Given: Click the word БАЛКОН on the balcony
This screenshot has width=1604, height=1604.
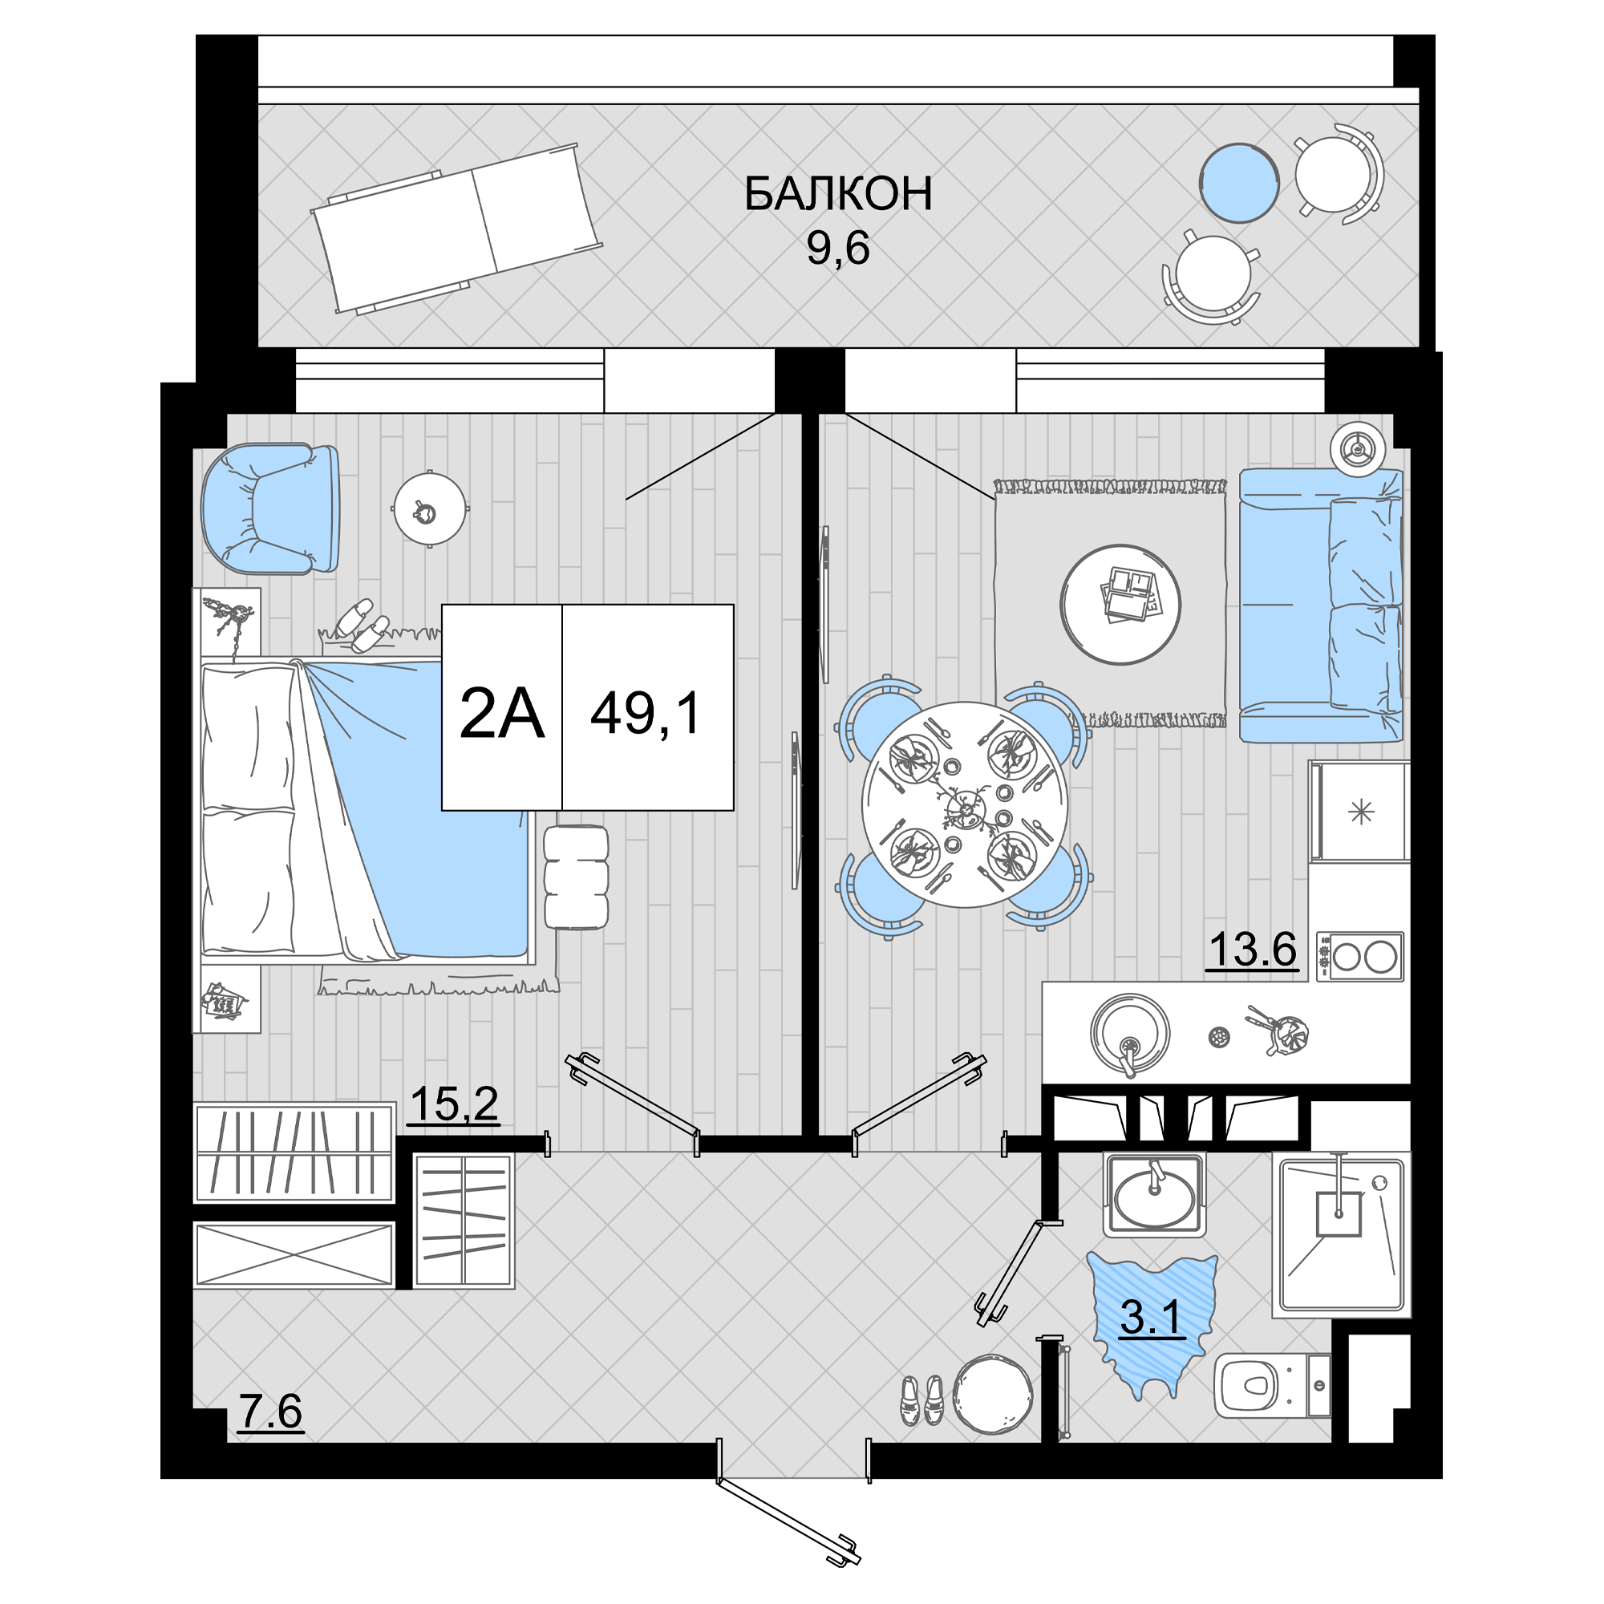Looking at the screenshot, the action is [838, 193].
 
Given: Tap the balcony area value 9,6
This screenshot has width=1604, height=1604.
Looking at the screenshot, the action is [838, 247].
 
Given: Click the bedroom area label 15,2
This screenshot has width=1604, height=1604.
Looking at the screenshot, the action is [453, 1104].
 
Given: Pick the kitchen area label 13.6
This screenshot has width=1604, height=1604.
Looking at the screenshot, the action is [1253, 949].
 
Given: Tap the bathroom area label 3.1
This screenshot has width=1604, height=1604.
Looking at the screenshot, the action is [1151, 1317].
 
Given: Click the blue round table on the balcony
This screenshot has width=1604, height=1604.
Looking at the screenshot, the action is [1239, 183].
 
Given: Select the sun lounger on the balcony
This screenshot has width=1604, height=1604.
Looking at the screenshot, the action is [456, 229].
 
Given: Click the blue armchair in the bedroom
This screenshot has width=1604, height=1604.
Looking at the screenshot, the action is [270, 508].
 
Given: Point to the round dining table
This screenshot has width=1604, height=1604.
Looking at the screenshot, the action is [965, 804].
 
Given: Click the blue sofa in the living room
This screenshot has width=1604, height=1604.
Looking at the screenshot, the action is [1321, 605].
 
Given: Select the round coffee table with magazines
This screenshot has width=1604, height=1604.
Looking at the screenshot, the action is [1121, 604].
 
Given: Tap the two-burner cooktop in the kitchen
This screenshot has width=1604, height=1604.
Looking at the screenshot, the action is [1360, 957].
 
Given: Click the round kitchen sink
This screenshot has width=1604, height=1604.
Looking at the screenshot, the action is [1130, 1035].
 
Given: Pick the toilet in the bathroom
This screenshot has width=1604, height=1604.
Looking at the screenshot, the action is [1273, 1386].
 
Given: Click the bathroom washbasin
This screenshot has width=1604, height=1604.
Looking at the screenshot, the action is [1154, 1195].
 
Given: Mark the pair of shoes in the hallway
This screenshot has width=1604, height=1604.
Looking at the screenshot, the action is [923, 1399].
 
